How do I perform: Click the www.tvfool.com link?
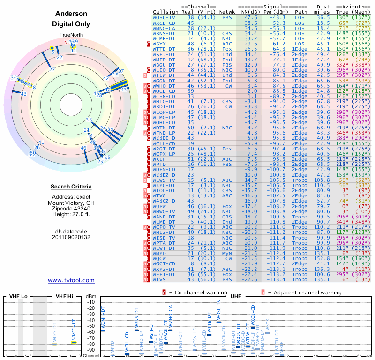point(71,280)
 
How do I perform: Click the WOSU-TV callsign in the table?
point(164,17)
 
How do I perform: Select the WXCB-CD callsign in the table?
point(164,22)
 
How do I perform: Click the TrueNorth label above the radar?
point(71,35)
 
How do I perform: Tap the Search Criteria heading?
point(71,187)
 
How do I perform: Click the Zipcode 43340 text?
point(71,208)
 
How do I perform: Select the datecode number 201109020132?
point(71,237)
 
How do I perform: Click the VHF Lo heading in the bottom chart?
point(18,296)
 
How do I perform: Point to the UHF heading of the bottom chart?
point(237,296)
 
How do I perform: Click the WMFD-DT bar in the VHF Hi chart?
point(74,342)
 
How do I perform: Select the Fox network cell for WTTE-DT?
point(227,49)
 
